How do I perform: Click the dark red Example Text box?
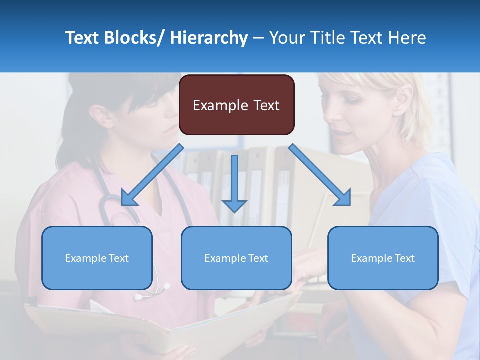tap(236, 105)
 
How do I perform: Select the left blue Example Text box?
tap(97, 258)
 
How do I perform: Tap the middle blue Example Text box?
tap(236, 258)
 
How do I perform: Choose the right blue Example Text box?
tap(383, 258)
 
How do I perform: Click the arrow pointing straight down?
tap(234, 184)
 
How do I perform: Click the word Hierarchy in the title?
tap(209, 38)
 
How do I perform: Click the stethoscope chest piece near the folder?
tap(165, 287)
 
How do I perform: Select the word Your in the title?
tap(286, 38)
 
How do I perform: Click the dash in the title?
tap(258, 38)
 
